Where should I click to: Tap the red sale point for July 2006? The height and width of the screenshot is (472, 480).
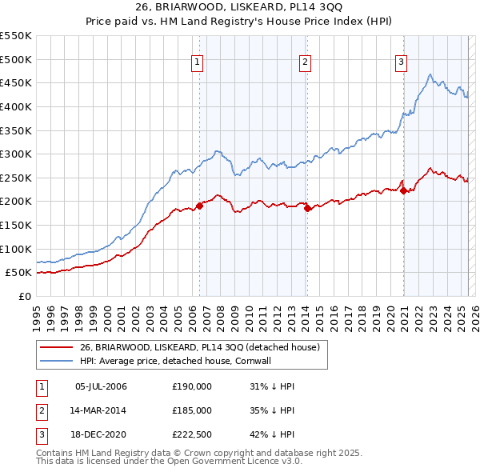click(199, 206)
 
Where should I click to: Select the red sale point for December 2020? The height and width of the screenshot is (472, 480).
click(403, 190)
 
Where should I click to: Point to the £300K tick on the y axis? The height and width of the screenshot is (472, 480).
click(15, 154)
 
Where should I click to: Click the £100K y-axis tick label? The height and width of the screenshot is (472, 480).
click(15, 249)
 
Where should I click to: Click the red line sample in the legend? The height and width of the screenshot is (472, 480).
click(56, 347)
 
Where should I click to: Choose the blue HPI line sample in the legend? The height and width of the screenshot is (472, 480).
click(56, 361)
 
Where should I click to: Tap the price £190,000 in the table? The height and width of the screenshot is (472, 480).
click(192, 386)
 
